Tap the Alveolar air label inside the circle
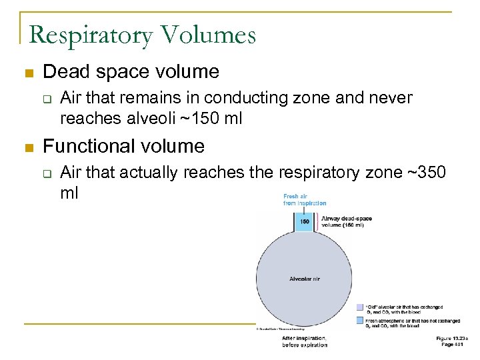pos(304,278)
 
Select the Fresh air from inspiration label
pos(305,200)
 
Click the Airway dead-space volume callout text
pos(347,221)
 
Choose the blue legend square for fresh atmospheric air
pos(360,322)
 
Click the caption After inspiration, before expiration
pos(305,341)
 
